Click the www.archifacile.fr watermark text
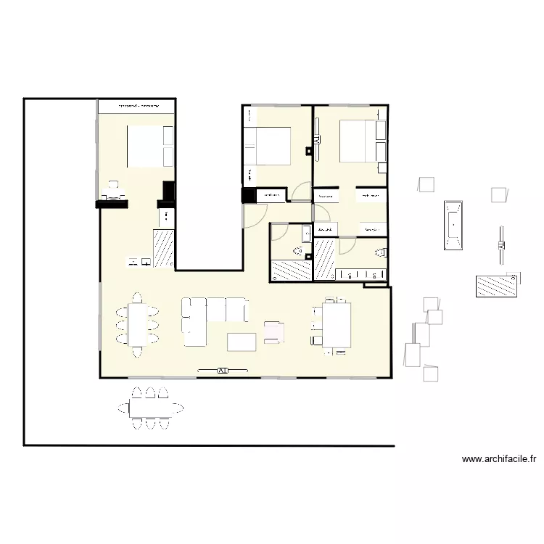pos(500,458)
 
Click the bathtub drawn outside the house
pos(453,224)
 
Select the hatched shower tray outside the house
pos(496,286)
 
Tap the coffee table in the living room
pos(242,342)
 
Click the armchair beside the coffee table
pos(274,332)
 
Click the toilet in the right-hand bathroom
pos(379,252)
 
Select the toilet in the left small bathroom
pos(297,251)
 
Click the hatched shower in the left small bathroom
pos(290,271)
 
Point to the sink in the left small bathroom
pos(306,234)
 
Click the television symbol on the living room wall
pos(223,371)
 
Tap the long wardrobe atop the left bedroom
pos(139,106)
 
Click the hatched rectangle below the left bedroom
pos(163,248)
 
